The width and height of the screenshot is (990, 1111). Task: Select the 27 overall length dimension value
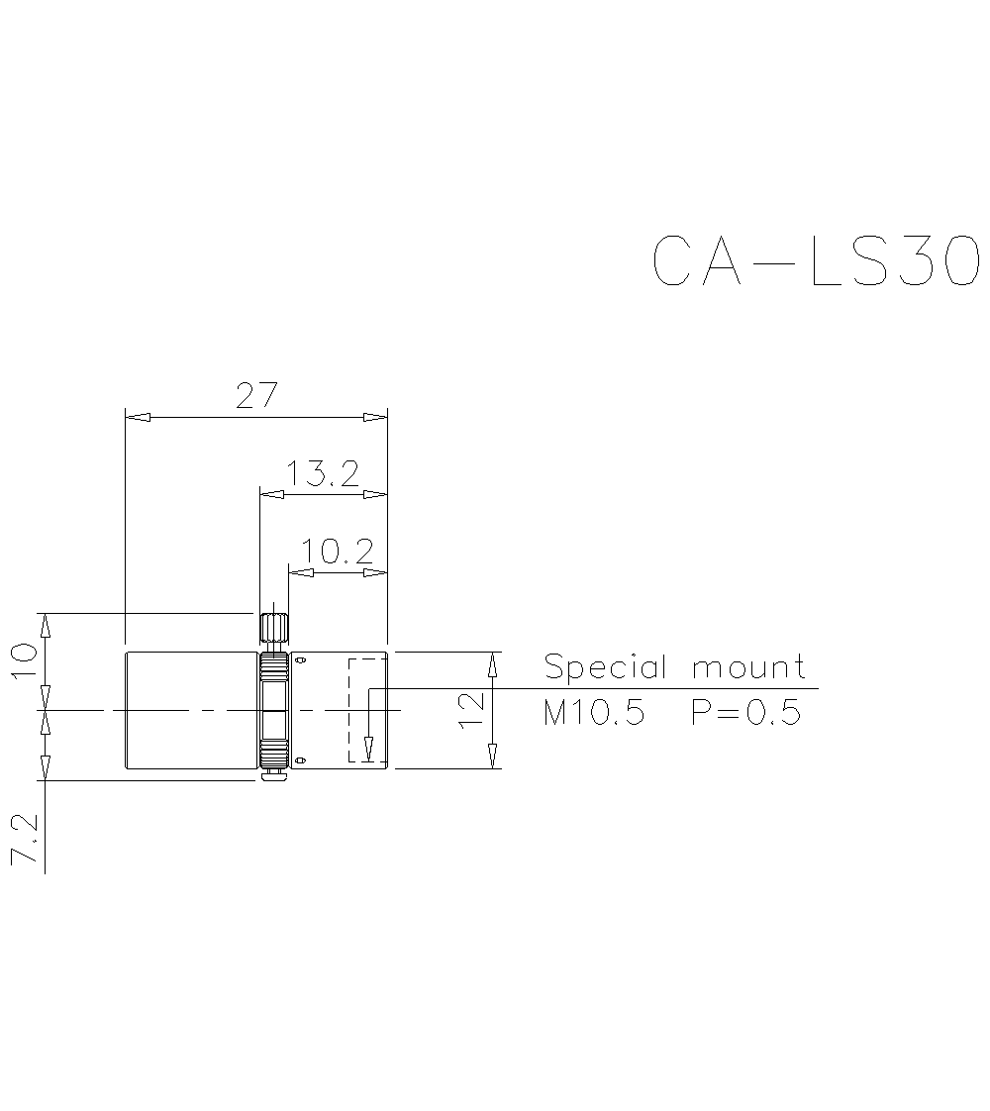[x=255, y=395]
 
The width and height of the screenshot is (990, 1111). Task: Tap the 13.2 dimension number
[x=323, y=474]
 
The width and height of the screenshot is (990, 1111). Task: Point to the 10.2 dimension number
[x=337, y=552]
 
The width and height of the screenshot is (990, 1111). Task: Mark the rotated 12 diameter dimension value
[x=473, y=710]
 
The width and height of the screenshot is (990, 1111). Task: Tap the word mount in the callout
[x=748, y=668]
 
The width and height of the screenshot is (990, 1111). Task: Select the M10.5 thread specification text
[x=594, y=712]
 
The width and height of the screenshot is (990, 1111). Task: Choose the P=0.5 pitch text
[x=745, y=712]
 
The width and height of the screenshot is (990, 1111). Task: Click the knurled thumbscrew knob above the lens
[x=274, y=628]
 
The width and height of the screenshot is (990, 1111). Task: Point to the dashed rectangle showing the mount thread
[x=366, y=710]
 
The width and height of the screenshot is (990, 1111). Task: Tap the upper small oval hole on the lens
[x=301, y=659]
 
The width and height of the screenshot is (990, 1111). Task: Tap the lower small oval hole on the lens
[x=301, y=759]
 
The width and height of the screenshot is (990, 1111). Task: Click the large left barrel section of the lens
[x=190, y=710]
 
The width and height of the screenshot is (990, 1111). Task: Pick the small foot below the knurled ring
[x=274, y=776]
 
